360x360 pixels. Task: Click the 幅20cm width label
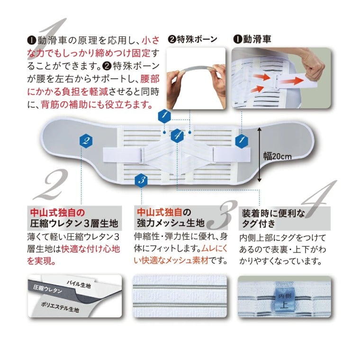point(278,156)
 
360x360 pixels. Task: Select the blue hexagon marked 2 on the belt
point(86,141)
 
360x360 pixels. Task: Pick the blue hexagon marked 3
point(141,180)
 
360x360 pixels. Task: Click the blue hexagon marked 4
point(177,135)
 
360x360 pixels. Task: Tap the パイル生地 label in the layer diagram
point(79,284)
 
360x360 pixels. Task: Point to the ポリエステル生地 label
point(60,307)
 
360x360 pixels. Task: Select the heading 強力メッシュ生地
point(171,223)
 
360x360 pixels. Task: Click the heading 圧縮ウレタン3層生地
point(74,224)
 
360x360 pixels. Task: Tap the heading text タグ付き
point(259,224)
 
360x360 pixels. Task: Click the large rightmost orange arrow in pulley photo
point(292,81)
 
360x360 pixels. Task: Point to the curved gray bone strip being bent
point(196,69)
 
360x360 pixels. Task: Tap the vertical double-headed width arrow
point(259,154)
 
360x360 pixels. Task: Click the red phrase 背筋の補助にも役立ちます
point(97,105)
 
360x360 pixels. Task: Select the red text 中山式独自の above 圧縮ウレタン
point(57,212)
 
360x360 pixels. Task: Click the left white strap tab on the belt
point(122,154)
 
